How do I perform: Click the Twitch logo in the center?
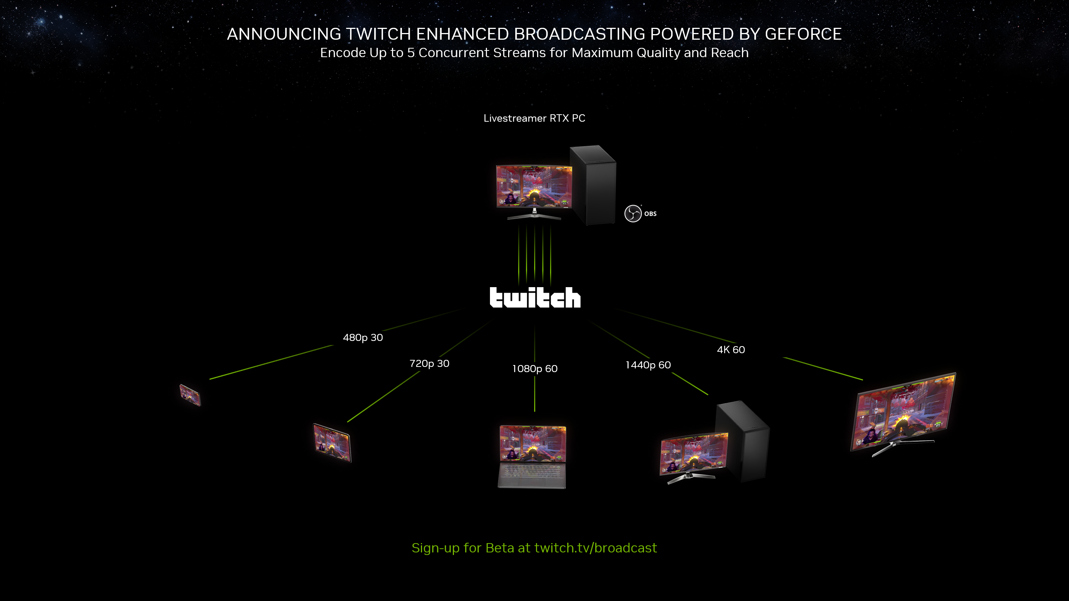click(x=535, y=298)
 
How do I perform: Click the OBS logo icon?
click(x=633, y=214)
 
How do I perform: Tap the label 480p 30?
click(x=363, y=338)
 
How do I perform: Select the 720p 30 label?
click(x=429, y=364)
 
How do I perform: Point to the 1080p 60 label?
click(x=534, y=369)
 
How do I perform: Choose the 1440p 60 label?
click(x=648, y=365)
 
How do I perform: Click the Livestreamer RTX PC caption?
click(x=534, y=118)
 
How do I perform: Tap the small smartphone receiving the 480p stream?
click(x=190, y=395)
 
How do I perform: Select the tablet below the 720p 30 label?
click(x=332, y=443)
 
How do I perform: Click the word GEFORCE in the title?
click(x=803, y=34)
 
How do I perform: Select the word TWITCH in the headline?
click(x=378, y=34)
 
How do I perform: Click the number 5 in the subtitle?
click(x=411, y=53)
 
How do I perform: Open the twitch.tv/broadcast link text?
click(x=595, y=548)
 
